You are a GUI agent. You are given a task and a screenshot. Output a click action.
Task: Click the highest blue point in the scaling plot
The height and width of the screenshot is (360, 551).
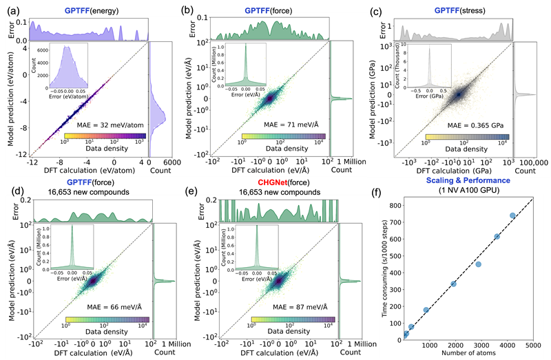512,215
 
